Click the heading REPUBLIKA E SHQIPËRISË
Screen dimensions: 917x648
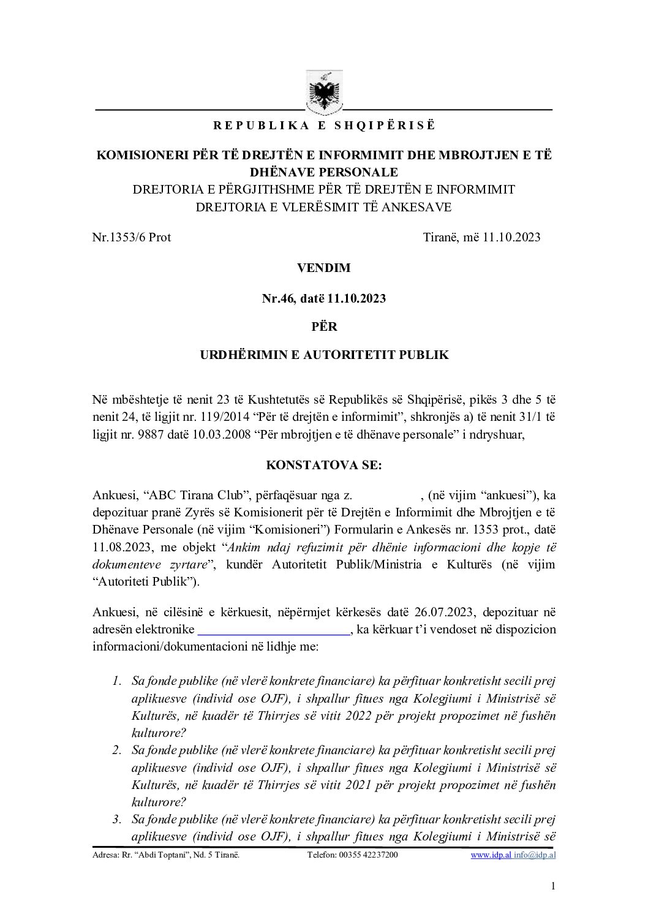pos(324,126)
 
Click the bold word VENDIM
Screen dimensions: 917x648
pos(324,268)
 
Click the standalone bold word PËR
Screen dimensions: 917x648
pos(324,326)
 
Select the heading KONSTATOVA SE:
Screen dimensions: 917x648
pos(324,465)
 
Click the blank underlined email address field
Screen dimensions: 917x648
pos(274,630)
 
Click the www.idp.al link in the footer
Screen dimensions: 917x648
pos(491,855)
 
